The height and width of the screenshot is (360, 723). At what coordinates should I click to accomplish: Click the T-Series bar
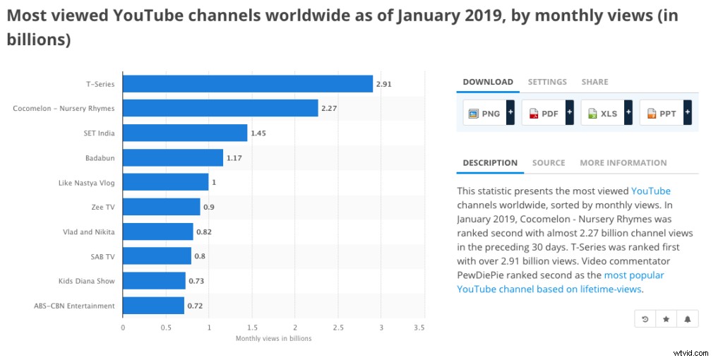[248, 84]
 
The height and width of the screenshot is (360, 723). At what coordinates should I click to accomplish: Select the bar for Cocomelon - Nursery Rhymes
[220, 108]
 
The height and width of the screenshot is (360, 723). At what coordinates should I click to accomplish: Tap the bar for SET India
[185, 133]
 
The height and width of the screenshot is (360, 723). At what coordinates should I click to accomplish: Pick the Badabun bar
[173, 157]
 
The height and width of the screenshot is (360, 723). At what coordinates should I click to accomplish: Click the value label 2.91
[383, 84]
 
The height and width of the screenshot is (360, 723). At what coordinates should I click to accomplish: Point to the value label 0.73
[196, 282]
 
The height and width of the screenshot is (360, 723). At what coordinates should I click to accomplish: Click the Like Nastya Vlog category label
[85, 183]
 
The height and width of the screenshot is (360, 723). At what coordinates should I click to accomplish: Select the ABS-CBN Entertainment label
[74, 306]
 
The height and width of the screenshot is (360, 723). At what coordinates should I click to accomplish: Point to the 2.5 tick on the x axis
[338, 328]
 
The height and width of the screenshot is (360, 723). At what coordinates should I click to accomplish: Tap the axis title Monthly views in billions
[273, 339]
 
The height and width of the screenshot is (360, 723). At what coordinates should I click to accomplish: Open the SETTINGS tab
[547, 82]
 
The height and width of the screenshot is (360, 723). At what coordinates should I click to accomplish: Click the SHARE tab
[594, 82]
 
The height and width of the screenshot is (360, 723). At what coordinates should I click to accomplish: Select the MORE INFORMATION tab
[623, 163]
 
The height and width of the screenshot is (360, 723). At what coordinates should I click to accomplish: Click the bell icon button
[687, 319]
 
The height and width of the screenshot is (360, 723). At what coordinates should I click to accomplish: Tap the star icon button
[666, 319]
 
